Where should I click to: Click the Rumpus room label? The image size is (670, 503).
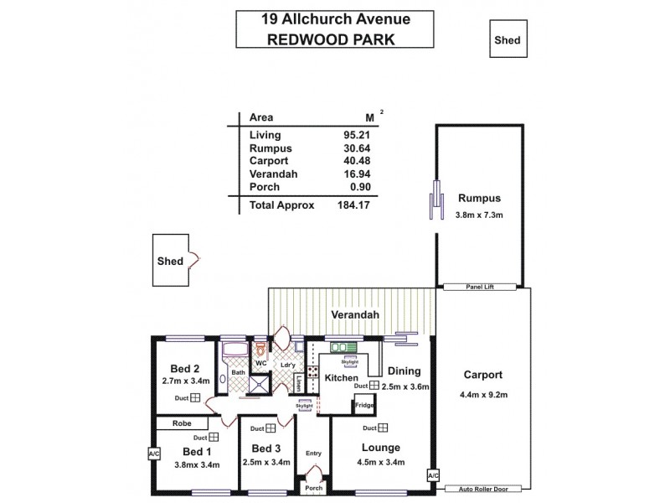(479, 199)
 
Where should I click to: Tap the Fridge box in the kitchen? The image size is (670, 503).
(363, 406)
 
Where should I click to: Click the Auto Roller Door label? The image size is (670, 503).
(484, 489)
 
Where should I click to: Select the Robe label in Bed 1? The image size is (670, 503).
(182, 424)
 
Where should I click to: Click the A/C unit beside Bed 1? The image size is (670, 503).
(153, 454)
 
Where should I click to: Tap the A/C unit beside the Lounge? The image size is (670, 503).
(432, 474)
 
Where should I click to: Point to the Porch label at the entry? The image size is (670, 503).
(314, 488)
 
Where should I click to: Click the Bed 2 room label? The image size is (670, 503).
(184, 368)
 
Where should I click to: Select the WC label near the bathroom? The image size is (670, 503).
(260, 363)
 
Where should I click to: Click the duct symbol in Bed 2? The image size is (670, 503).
(194, 398)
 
